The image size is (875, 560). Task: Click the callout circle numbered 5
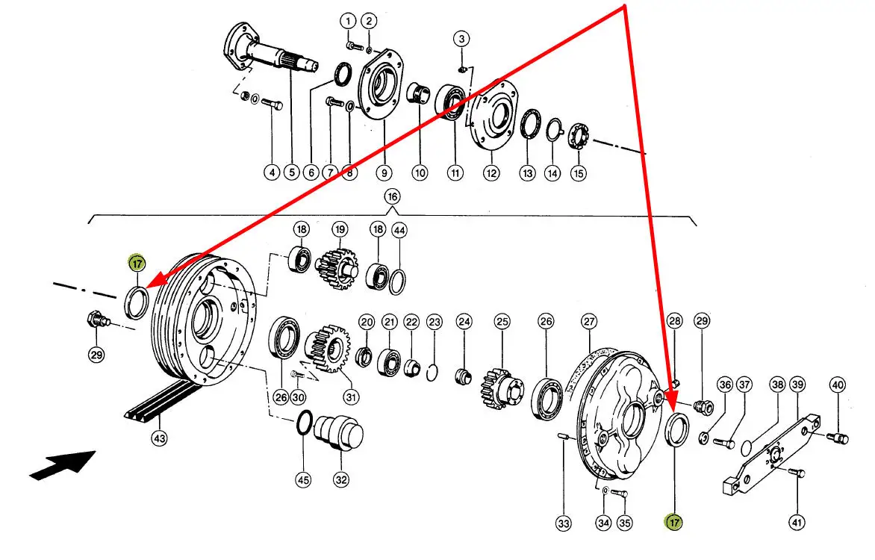pyautogui.click(x=291, y=172)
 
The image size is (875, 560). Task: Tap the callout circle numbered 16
pyautogui.click(x=392, y=196)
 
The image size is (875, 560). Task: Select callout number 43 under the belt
pyautogui.click(x=160, y=438)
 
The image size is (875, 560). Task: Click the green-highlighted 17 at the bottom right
pyautogui.click(x=674, y=523)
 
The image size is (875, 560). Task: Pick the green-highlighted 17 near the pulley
pyautogui.click(x=137, y=263)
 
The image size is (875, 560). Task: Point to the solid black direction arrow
pyautogui.click(x=63, y=464)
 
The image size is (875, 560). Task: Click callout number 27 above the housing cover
pyautogui.click(x=589, y=321)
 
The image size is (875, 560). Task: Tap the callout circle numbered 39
pyautogui.click(x=798, y=385)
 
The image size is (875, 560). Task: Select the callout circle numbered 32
pyautogui.click(x=341, y=479)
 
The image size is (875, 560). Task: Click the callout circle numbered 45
pyautogui.click(x=303, y=479)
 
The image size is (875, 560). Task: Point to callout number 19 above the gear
pyautogui.click(x=340, y=229)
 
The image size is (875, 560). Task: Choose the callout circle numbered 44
pyautogui.click(x=399, y=230)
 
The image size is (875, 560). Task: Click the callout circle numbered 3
pyautogui.click(x=461, y=39)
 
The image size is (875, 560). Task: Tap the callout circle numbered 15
pyautogui.click(x=578, y=173)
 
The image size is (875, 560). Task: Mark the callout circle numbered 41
pyautogui.click(x=797, y=523)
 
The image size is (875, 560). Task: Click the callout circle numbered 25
pyautogui.click(x=502, y=321)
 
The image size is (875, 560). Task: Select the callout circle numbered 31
pyautogui.click(x=351, y=397)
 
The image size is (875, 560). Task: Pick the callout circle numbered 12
pyautogui.click(x=491, y=173)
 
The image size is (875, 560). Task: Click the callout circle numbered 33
pyautogui.click(x=564, y=523)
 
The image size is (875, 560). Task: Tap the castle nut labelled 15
pyautogui.click(x=579, y=137)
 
